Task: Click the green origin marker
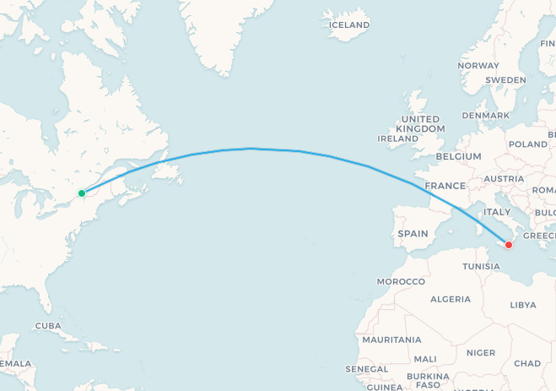point(82,193)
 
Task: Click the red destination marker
point(509,245)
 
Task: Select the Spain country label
point(413,233)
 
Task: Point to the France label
point(445,186)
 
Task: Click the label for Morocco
point(401,280)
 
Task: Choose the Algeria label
point(451,299)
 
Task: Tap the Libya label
point(523,304)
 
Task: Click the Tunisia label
point(482,266)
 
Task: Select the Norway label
point(478,65)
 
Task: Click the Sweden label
point(505,79)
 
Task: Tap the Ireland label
point(398,138)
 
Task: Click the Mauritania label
point(391,339)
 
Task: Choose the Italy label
point(497,211)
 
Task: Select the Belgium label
point(459,156)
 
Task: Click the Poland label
point(528,144)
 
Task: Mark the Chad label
point(527,363)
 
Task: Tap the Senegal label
point(367,370)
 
